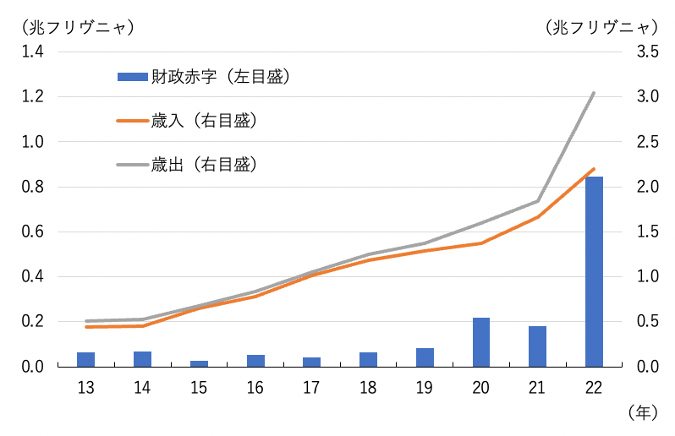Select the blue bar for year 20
click(x=480, y=342)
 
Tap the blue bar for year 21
click(x=537, y=346)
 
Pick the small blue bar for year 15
click(x=199, y=363)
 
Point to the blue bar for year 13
click(x=85, y=359)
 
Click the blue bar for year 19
click(x=425, y=357)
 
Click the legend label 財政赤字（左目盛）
click(x=222, y=78)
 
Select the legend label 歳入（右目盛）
click(x=204, y=121)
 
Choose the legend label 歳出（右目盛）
click(x=204, y=164)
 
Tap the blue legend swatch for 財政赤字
click(x=132, y=78)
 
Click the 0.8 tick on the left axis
click(x=33, y=187)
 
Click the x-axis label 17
click(x=311, y=388)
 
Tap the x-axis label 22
click(x=594, y=388)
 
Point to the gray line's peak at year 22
click(x=594, y=93)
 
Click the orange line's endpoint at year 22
click(x=594, y=169)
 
